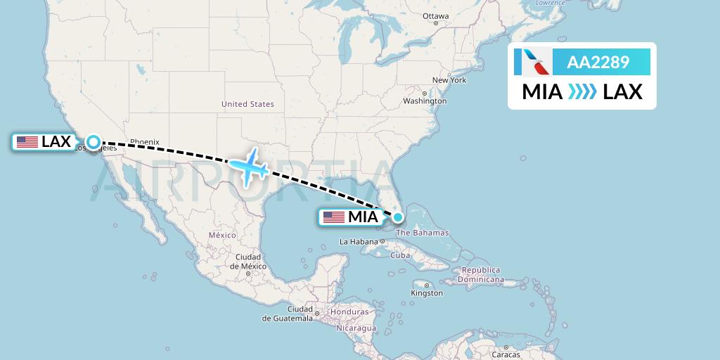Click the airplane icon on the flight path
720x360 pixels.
pyautogui.click(x=248, y=166)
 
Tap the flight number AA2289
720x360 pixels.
pyautogui.click(x=598, y=63)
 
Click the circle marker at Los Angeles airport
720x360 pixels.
pyautogui.click(x=94, y=142)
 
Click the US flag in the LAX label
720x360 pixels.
pyautogui.click(x=27, y=142)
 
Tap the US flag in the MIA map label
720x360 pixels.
pyautogui.click(x=334, y=217)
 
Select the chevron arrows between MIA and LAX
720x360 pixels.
pyautogui.click(x=582, y=92)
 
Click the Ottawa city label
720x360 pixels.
pyautogui.click(x=435, y=16)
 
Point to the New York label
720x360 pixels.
pyautogui.click(x=449, y=80)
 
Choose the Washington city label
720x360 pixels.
pyautogui.click(x=425, y=101)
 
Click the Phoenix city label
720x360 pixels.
pyautogui.click(x=145, y=141)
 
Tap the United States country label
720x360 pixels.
pyautogui.click(x=247, y=104)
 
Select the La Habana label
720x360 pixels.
pyautogui.click(x=359, y=242)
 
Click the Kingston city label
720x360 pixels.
pyautogui.click(x=427, y=293)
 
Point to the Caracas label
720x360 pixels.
pyautogui.click(x=506, y=354)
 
